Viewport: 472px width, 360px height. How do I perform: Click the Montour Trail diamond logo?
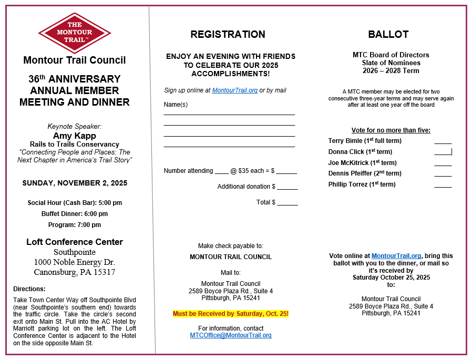(x=74, y=33)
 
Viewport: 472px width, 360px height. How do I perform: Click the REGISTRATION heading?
(x=228, y=35)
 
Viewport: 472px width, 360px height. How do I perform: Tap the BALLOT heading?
(x=388, y=35)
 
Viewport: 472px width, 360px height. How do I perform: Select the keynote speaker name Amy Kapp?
(x=74, y=136)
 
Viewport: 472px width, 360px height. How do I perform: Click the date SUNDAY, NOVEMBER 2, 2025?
(x=74, y=183)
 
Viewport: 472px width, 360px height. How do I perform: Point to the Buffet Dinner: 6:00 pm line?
(x=74, y=214)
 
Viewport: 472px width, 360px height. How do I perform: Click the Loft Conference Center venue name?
(x=74, y=242)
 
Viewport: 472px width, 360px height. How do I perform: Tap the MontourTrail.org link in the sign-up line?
(x=234, y=90)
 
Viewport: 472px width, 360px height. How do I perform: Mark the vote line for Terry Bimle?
(x=443, y=142)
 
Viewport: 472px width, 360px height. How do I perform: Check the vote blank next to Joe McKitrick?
(x=443, y=164)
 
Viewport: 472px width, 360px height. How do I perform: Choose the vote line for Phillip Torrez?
(x=443, y=186)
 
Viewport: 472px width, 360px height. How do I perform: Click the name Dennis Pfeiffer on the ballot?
(x=350, y=173)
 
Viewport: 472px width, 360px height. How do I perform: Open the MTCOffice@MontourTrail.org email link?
(x=231, y=335)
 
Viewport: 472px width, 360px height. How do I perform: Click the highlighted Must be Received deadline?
(x=231, y=314)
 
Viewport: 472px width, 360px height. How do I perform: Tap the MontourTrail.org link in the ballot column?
(x=396, y=256)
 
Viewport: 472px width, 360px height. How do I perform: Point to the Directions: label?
(x=29, y=289)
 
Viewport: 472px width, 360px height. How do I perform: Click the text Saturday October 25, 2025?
(x=391, y=277)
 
